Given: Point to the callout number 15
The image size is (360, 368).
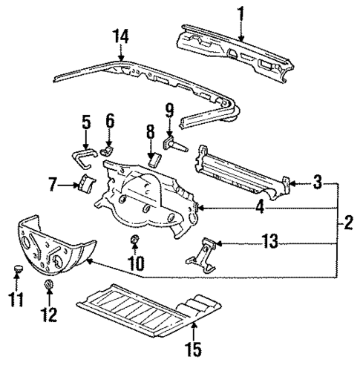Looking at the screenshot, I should [194, 346].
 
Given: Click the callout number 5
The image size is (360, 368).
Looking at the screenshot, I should [85, 119].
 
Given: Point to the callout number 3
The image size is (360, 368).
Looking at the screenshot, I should [317, 180].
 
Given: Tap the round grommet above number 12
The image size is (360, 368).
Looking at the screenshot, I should [49, 287].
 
